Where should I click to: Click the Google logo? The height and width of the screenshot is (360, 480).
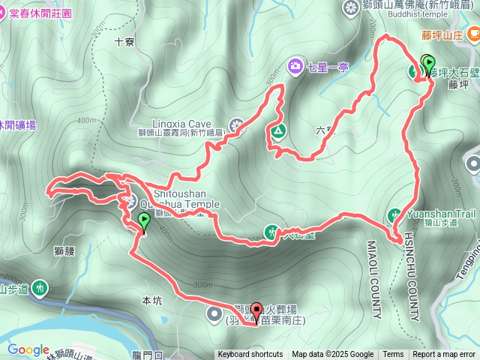tap(28, 349)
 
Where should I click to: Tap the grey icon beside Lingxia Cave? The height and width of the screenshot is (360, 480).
tap(237, 124)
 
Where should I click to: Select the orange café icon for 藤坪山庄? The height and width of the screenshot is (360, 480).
tap(472, 34)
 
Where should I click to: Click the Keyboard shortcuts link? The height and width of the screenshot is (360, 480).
tap(251, 355)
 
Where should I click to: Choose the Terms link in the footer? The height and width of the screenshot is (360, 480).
tap(392, 355)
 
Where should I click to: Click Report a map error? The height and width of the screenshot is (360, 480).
tap(445, 355)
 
